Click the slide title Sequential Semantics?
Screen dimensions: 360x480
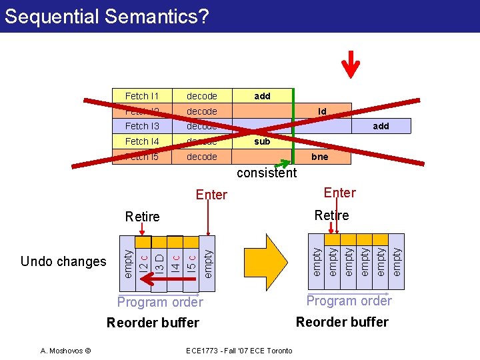coord(107,16)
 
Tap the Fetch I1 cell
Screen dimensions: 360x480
coord(142,96)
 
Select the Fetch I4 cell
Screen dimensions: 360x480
coord(142,141)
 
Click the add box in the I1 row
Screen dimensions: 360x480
coord(262,96)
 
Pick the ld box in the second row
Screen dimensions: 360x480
coord(322,111)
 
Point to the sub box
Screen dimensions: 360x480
coord(262,141)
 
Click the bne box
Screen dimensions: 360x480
coord(320,157)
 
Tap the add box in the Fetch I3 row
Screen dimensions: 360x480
coord(381,126)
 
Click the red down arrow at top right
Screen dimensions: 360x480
coord(350,63)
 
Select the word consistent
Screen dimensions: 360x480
coord(267,173)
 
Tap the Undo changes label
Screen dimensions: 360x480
coord(63,261)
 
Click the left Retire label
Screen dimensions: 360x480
coord(142,217)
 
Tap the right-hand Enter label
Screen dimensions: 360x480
coord(339,193)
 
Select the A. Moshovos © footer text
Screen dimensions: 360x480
coord(66,351)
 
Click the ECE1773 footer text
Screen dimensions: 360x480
coord(241,351)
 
